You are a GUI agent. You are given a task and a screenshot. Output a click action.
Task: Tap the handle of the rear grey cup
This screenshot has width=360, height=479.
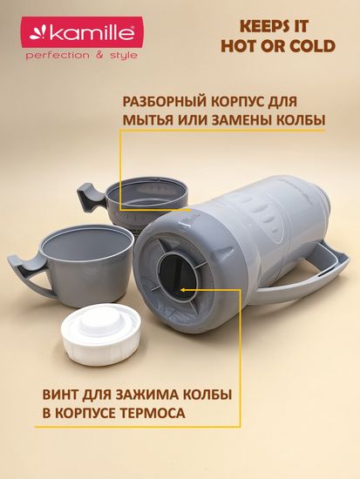[93, 198]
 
